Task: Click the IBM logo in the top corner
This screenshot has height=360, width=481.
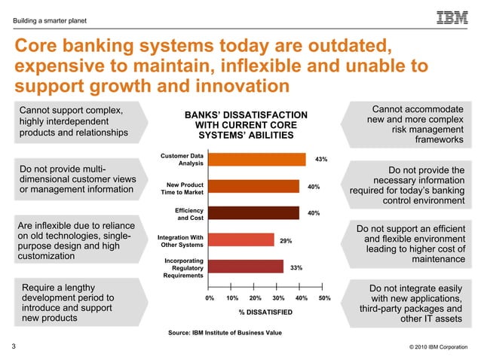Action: [x=452, y=17]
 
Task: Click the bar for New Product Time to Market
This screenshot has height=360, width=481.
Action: [x=253, y=186]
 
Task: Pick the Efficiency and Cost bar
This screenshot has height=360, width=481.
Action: [x=253, y=212]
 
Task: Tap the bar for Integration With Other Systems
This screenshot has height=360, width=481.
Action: [x=240, y=239]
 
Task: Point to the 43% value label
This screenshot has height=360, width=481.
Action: [x=320, y=159]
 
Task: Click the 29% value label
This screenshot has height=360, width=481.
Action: [x=286, y=240]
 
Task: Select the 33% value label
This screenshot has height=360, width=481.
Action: [x=296, y=267]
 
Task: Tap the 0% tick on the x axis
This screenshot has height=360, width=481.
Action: [x=210, y=298]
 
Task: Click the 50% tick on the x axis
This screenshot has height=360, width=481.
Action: [x=325, y=298]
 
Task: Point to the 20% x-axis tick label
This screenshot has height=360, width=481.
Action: [x=256, y=298]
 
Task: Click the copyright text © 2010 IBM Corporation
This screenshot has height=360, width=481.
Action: [x=432, y=347]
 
